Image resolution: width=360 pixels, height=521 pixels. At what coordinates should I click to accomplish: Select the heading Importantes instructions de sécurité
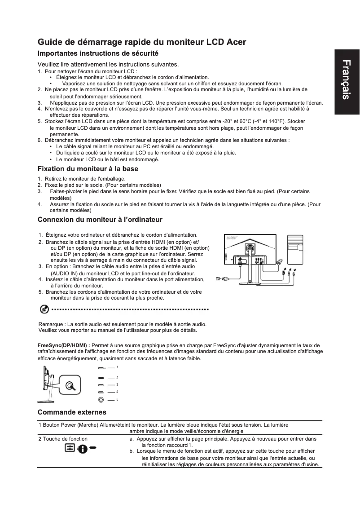pos(99,53)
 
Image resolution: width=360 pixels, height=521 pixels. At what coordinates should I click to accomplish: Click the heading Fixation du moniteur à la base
pos(88,169)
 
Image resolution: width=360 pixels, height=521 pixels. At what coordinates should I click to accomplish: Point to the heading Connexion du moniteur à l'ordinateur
pos(100,220)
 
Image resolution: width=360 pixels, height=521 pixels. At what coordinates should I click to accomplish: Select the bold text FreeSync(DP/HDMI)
pos(62,345)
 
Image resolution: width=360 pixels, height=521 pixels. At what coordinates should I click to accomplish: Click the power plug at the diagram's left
pos(220,278)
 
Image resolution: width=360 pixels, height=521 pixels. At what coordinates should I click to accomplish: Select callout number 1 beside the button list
pos(117,368)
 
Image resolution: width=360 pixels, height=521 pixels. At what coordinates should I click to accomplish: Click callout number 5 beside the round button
pos(117,399)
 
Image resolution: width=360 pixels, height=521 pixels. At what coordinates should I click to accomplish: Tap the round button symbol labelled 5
pos(101,399)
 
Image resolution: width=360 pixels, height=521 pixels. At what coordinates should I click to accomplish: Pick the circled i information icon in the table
pos(82,449)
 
